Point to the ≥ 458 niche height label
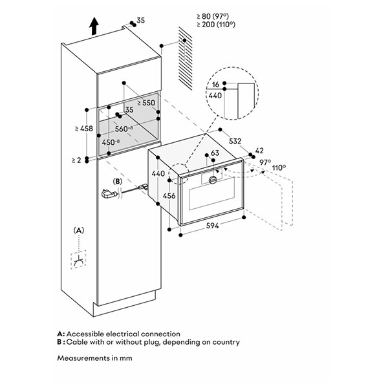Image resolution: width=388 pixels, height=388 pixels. (x=85, y=129)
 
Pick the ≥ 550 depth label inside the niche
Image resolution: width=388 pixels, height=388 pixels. (x=147, y=102)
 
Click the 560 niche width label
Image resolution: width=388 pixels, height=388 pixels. (x=123, y=128)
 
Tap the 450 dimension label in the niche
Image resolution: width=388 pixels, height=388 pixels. (x=108, y=142)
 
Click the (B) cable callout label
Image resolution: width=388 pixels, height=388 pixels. (x=118, y=182)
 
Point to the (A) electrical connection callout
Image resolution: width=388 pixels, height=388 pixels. (x=78, y=230)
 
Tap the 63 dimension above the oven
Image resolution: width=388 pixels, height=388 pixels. (x=215, y=154)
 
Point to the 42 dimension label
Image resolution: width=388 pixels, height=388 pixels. (x=260, y=151)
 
